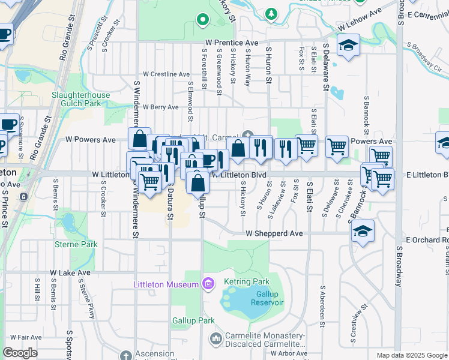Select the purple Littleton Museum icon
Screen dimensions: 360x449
(208, 283)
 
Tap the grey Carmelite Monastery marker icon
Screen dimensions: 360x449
(215, 340)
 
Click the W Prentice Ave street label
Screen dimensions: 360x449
(231, 43)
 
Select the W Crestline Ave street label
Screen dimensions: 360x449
(162, 74)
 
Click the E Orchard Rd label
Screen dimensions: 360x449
(427, 239)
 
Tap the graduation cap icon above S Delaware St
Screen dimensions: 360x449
(348, 46)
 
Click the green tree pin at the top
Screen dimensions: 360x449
(272, 12)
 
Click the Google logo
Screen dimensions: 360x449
(20, 353)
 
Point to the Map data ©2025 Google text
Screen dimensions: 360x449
(411, 355)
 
